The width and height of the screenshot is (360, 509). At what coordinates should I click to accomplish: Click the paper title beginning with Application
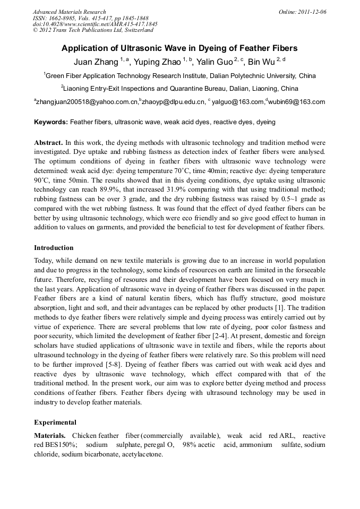point(179,48)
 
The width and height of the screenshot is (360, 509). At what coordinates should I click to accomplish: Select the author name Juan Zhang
point(96,62)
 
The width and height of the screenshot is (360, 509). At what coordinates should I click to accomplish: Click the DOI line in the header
point(95,24)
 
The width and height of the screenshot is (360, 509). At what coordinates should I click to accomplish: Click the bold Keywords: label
point(51,122)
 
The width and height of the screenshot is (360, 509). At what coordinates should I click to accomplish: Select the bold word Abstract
point(48,143)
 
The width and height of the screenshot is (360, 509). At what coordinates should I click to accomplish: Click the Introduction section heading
point(54,248)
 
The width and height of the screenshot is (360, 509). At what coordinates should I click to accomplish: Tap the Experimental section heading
point(55,422)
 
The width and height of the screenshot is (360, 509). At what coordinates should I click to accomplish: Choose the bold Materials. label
point(50,436)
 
